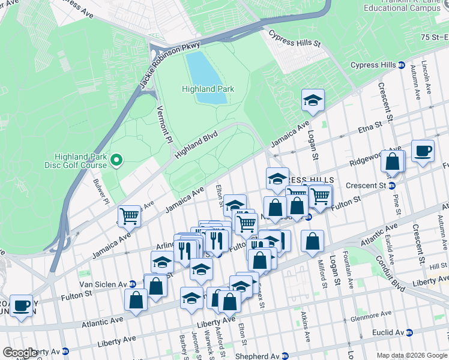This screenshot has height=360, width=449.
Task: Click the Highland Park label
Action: click(208, 89)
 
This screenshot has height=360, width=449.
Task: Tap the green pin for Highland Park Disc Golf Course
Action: click(118, 160)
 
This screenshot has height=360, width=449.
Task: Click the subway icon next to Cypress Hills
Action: click(402, 65)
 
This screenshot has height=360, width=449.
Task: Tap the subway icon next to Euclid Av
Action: click(409, 332)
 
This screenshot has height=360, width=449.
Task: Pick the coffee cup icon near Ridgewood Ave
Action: click(423, 151)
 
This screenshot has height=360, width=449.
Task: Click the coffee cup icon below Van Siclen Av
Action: click(22, 305)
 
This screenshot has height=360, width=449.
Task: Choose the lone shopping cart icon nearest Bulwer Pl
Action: click(129, 215)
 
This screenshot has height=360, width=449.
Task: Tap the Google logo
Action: click(19, 353)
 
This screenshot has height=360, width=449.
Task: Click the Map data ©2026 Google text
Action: click(411, 355)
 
